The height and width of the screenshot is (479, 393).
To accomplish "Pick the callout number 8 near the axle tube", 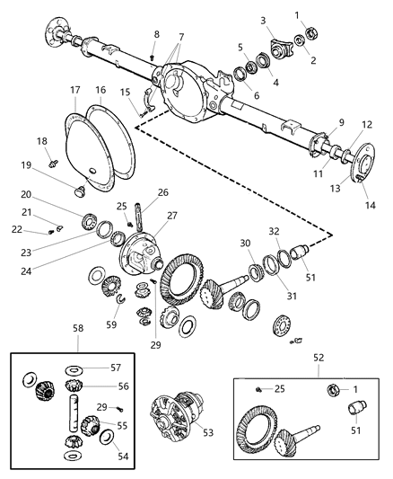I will point(156,34).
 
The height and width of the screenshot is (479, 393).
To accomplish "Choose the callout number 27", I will point(171,216).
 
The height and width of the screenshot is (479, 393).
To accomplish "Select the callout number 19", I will point(52,165).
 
